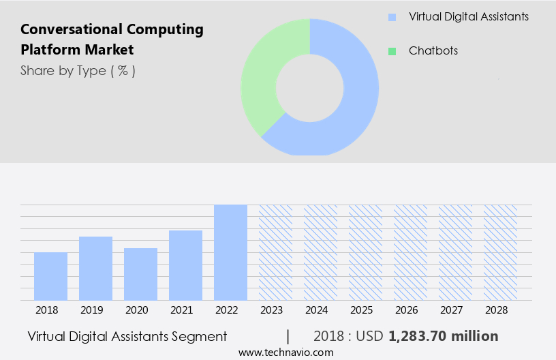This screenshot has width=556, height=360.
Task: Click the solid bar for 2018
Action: pos(50,276)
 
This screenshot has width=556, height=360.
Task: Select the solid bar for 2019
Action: pos(95,268)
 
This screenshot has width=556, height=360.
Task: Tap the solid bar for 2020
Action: pos(140,274)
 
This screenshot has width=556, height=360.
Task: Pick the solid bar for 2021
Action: pos(185,265)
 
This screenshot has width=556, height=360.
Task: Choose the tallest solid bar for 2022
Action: pos(230,252)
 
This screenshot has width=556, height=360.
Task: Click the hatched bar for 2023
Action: pos(275,252)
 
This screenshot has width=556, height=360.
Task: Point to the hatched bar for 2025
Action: pos(365,252)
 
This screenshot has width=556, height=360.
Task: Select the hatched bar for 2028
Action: pos(500,252)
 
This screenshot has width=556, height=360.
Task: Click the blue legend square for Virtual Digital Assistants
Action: pos(392,17)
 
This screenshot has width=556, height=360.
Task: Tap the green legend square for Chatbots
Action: pos(392,51)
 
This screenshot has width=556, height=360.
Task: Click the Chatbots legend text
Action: pos(433,51)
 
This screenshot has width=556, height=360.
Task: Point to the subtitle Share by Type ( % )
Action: pos(78,70)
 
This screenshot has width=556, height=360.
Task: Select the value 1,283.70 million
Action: pos(443,336)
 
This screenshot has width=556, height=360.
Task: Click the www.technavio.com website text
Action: pos(285,352)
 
